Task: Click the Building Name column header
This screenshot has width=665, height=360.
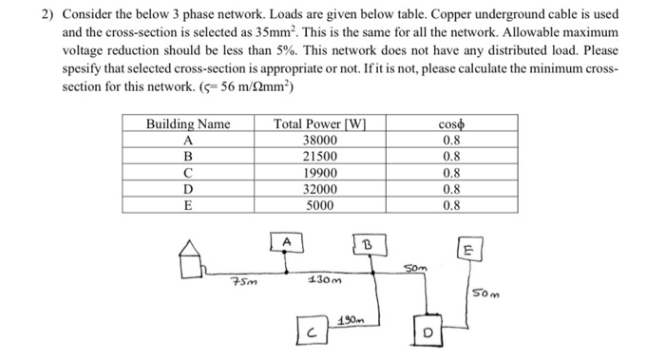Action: point(188,124)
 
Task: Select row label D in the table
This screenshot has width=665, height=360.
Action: point(188,188)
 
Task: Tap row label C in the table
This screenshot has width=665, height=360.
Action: point(188,173)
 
